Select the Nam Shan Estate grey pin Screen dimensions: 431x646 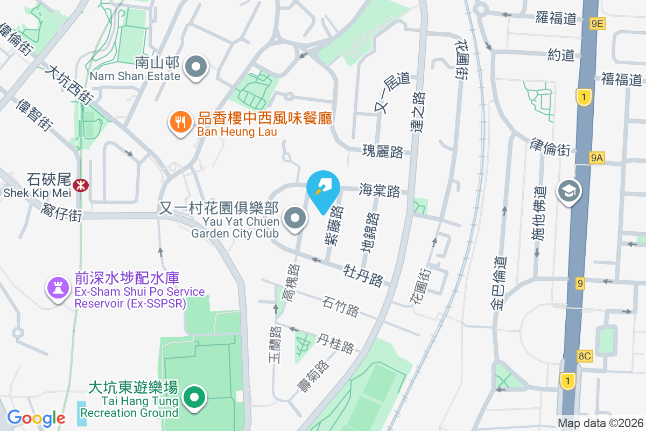click(196, 68)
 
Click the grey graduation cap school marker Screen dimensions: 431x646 click(568, 191)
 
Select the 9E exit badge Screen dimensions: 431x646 click(598, 23)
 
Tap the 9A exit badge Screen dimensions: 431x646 click(597, 158)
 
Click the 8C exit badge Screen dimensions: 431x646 click(585, 356)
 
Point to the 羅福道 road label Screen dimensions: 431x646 click(557, 18)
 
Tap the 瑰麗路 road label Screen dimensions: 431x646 click(383, 152)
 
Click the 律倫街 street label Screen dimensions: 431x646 click(550, 147)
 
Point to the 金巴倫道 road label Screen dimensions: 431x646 click(498, 283)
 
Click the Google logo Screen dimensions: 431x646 click(36, 418)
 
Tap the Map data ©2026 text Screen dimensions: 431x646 click(600, 423)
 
